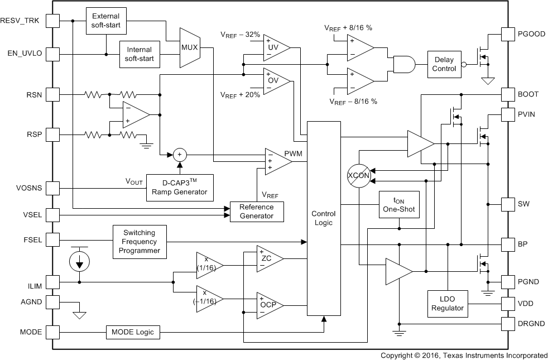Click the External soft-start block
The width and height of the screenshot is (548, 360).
point(106,21)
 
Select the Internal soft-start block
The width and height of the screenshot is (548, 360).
point(140,54)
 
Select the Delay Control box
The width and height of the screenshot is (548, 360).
point(444,65)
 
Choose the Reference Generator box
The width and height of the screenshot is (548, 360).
point(257,212)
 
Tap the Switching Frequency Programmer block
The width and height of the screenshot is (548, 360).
point(140,241)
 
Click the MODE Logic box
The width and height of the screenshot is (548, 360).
point(133,332)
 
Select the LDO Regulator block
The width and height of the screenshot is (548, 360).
point(448,304)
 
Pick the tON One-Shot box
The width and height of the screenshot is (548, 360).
point(400,204)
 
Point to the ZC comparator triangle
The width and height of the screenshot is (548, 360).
point(268,258)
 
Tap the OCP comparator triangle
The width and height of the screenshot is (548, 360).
point(268,305)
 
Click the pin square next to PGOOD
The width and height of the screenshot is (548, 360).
point(508,34)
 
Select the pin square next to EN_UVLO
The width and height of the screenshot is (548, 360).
point(52,54)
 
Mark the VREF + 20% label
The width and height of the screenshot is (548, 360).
point(241,95)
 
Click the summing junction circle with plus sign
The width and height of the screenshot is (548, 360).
point(179,155)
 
